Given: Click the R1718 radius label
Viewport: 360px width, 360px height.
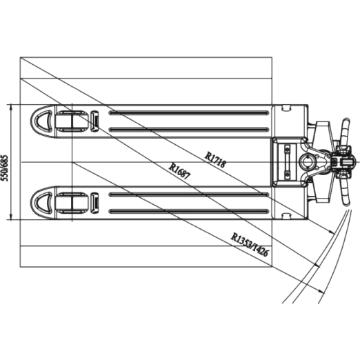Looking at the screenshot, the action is point(215,159).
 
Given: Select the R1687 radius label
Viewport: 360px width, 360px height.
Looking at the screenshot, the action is point(180,171).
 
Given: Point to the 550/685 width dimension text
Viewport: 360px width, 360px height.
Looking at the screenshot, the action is point(5,168).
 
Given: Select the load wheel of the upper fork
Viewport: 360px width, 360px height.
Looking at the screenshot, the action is point(72,121).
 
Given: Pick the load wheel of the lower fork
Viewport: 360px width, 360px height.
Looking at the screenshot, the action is point(72,203).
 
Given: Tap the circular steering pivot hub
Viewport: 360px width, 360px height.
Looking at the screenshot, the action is point(306,162).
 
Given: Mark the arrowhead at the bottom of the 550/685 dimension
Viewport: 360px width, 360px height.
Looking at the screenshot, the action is point(10,217).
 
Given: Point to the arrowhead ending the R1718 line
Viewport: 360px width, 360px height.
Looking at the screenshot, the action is point(332,232).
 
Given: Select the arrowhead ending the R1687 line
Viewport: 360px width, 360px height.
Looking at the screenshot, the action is point(318,266).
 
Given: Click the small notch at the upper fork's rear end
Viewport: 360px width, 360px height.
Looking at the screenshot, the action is point(286,108).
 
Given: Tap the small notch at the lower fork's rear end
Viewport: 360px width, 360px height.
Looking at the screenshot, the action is point(286,216).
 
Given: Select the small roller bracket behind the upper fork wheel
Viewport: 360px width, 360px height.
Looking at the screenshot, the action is point(94,121).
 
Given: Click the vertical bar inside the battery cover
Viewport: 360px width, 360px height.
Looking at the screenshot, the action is point(287,162).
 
